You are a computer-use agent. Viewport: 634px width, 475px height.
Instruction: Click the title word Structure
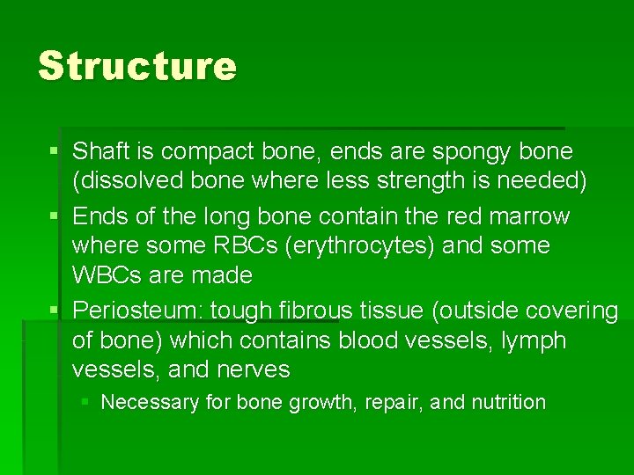(137, 66)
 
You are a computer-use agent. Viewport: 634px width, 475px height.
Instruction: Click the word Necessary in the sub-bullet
(150, 402)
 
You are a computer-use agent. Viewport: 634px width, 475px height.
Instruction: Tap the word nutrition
(508, 402)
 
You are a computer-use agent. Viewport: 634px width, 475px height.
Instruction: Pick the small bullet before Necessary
(85, 402)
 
